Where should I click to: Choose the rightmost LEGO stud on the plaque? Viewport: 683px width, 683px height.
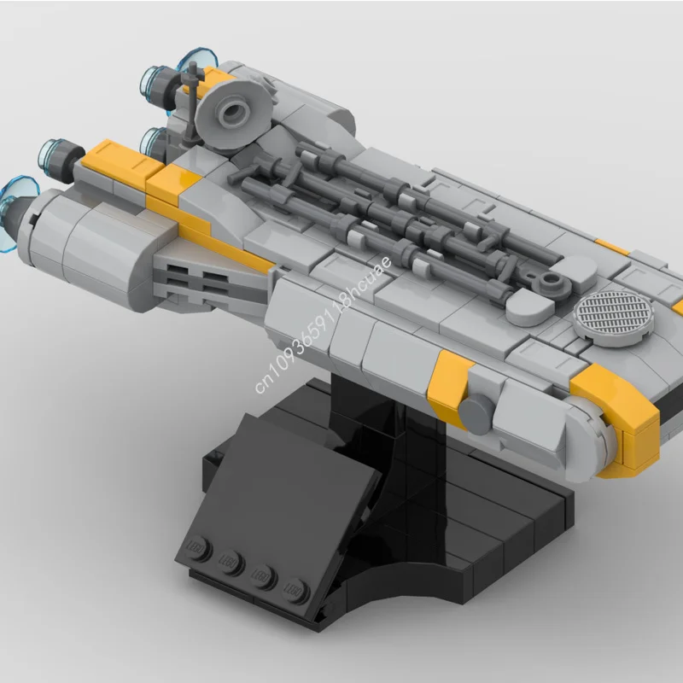296,588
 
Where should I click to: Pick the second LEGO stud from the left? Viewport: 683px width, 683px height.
228,560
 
